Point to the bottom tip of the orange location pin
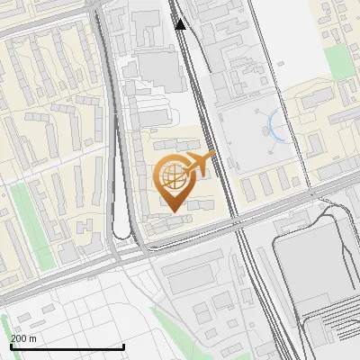coord(171,212)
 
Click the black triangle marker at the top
coord(181,24)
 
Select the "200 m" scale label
coord(23,338)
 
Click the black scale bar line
coord(67,347)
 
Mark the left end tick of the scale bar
coord(11,346)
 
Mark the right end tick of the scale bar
coord(123,346)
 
